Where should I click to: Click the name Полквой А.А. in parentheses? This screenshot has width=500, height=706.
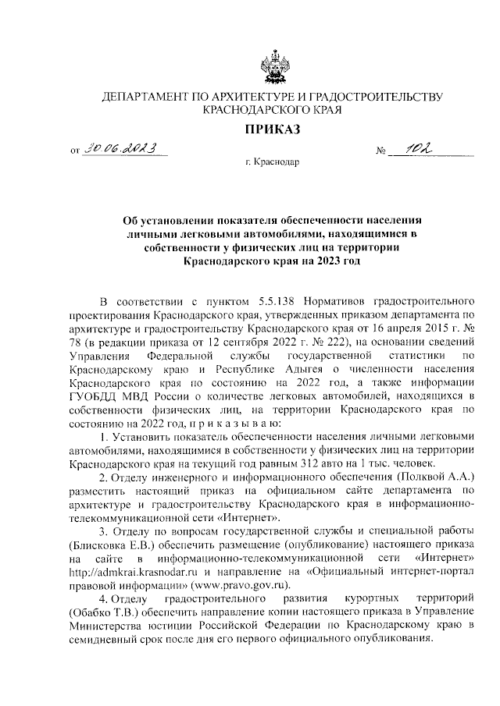(422, 476)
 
